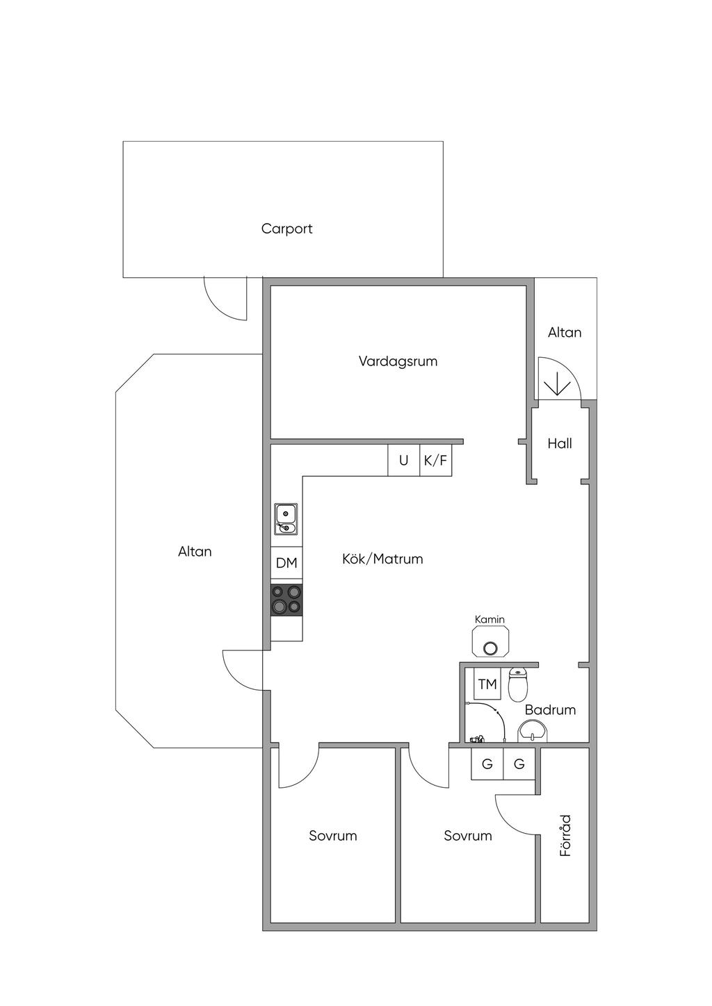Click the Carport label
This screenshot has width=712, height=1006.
286,229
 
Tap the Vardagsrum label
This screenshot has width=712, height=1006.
398,361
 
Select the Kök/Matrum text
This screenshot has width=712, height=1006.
382,559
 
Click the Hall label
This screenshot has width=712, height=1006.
559,443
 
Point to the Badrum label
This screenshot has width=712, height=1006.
550,710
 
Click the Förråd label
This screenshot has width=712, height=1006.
566,835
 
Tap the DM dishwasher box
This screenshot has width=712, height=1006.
286,563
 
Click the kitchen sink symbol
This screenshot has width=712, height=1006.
286,520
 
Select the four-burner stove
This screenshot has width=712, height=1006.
286,600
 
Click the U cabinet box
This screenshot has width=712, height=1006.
403,461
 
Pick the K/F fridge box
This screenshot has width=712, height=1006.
436,461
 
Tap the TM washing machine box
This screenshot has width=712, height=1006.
487,684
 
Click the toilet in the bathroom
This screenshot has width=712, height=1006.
518,685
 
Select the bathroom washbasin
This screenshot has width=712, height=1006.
533,731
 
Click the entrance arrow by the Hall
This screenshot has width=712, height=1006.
556,384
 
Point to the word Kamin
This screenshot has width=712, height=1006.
489,620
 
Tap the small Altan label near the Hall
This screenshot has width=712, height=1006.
565,333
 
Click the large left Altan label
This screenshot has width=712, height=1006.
195,552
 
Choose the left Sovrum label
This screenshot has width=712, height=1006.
333,836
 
